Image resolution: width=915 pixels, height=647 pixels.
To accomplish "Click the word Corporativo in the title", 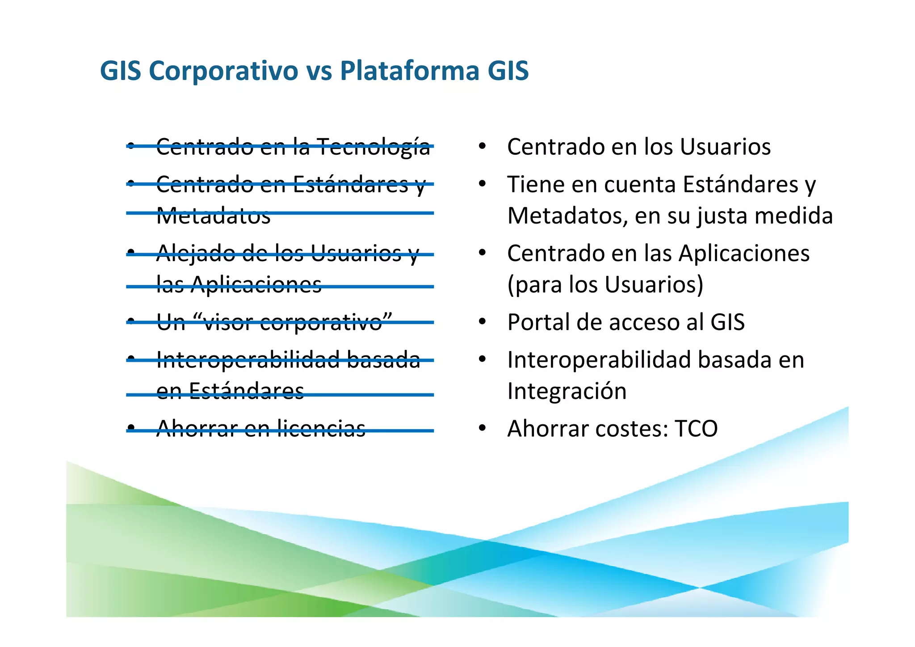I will (223, 71).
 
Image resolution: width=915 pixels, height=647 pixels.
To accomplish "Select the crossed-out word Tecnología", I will (373, 147).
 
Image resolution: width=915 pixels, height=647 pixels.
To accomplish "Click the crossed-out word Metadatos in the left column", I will (213, 216).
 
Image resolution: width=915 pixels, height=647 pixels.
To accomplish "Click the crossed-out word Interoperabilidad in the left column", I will (248, 359).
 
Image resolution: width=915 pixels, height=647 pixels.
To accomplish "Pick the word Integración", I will (567, 391).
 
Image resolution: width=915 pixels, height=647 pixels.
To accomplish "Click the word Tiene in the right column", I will (535, 184).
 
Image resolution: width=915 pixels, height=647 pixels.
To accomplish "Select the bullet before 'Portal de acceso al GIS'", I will (482, 322).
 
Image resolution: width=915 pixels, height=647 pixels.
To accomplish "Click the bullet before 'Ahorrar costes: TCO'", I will (482, 428).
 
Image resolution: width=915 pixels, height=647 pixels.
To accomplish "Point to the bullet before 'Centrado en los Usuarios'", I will (482, 146).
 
